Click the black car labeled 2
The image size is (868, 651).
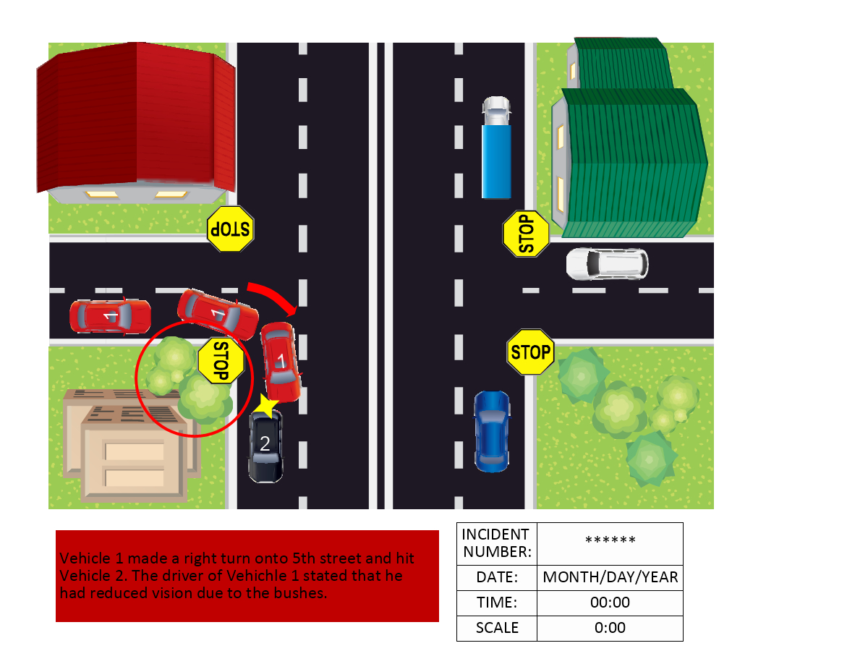pyautogui.click(x=265, y=445)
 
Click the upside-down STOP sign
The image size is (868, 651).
pyautogui.click(x=230, y=229)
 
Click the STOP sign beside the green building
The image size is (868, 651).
pyautogui.click(x=526, y=233)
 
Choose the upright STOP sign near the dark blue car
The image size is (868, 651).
pyautogui.click(x=530, y=352)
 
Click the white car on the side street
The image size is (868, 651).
pyautogui.click(x=607, y=264)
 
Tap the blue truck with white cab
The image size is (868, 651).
pyautogui.click(x=497, y=148)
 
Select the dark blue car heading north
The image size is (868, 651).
pyautogui.click(x=492, y=430)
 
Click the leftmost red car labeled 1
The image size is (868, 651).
pyautogui.click(x=110, y=316)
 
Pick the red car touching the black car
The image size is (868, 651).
pyautogui.click(x=281, y=361)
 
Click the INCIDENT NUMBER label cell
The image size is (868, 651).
pyautogui.click(x=496, y=543)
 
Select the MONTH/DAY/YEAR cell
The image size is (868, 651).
pyautogui.click(x=610, y=578)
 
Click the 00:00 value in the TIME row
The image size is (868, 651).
pyautogui.click(x=610, y=603)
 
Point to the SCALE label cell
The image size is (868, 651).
pyautogui.click(x=496, y=628)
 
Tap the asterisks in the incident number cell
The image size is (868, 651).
pyautogui.click(x=610, y=541)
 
